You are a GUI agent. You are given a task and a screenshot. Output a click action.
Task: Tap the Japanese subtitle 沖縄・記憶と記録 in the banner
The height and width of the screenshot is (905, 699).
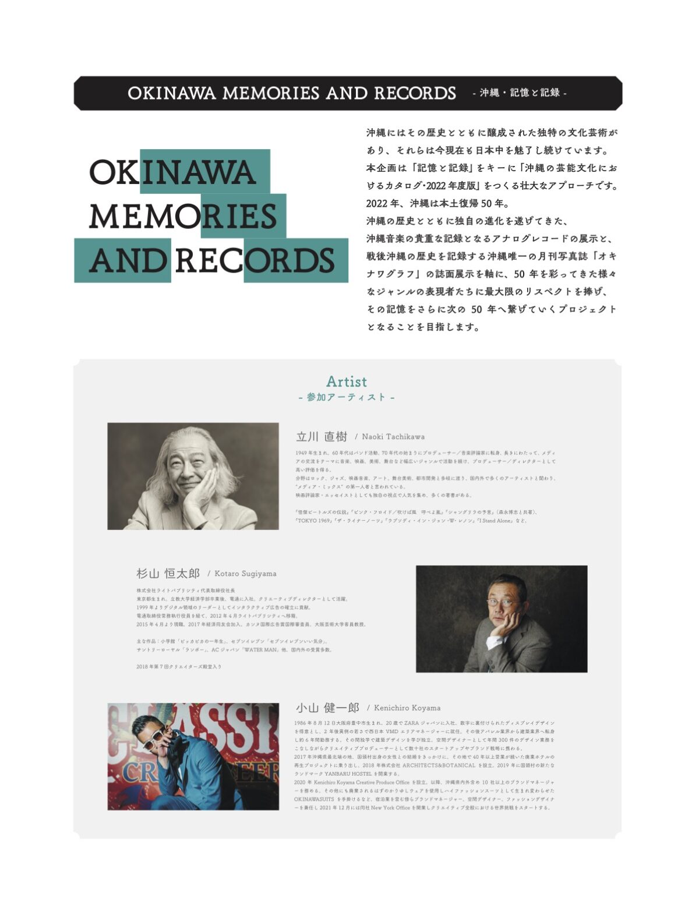[x=520, y=93]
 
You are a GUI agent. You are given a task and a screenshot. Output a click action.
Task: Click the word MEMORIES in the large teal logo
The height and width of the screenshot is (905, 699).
[x=183, y=216]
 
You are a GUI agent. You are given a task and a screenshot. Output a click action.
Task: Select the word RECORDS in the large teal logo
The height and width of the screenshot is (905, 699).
[x=255, y=260]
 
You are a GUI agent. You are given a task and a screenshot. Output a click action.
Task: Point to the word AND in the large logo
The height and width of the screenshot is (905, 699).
[x=128, y=260]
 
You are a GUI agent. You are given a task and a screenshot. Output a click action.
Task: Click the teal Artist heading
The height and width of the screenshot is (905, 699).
[x=347, y=381]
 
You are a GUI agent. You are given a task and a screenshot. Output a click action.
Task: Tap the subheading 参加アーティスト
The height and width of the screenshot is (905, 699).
[x=347, y=397]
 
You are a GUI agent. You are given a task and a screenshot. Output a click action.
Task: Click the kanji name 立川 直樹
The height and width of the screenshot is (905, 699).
[x=322, y=437]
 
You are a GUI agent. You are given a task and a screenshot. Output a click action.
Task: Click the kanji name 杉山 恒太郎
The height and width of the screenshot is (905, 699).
[x=168, y=574]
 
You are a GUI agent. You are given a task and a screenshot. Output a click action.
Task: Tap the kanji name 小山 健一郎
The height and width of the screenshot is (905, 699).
[x=327, y=708]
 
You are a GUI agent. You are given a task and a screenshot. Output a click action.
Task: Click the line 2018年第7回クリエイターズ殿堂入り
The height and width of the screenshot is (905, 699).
[x=179, y=666]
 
